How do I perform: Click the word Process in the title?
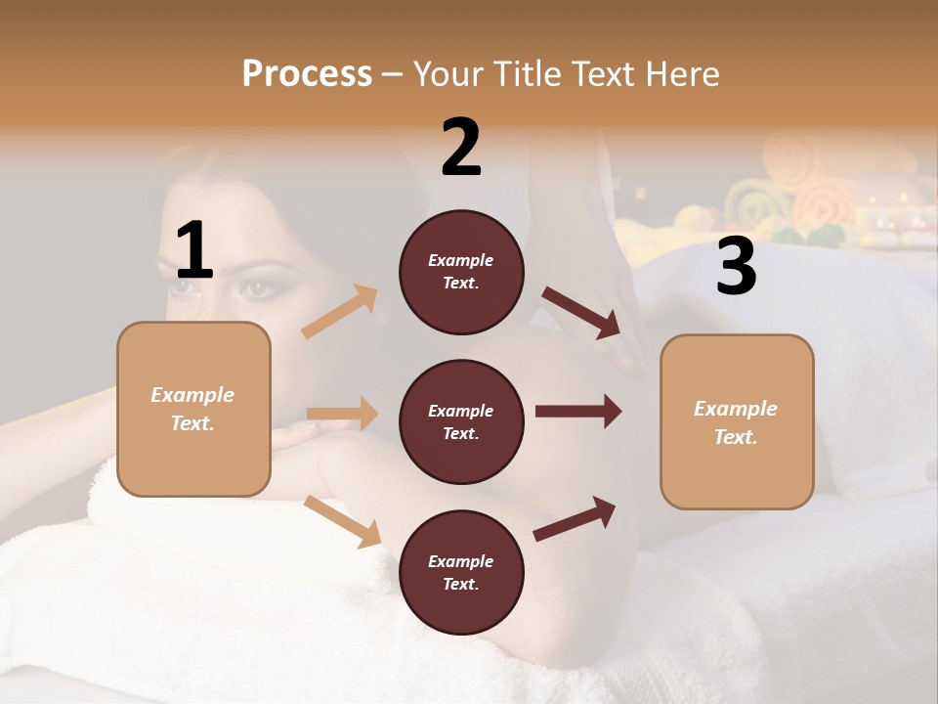pyautogui.click(x=307, y=74)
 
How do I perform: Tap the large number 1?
pyautogui.click(x=194, y=251)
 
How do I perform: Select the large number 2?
pyautogui.click(x=461, y=148)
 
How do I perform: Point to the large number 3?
pyautogui.click(x=736, y=267)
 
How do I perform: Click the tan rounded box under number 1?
pyautogui.click(x=193, y=409)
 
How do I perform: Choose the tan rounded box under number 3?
pyautogui.click(x=737, y=421)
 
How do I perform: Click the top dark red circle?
pyautogui.click(x=461, y=272)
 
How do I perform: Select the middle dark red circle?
pyautogui.click(x=461, y=421)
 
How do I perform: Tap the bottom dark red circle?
pyautogui.click(x=461, y=572)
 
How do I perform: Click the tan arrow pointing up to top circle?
pyautogui.click(x=340, y=312)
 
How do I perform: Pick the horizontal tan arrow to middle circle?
pyautogui.click(x=342, y=414)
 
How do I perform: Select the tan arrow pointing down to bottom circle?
pyautogui.click(x=343, y=520)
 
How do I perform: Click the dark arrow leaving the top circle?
pyautogui.click(x=580, y=312)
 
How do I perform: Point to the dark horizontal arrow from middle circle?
pyautogui.click(x=577, y=411)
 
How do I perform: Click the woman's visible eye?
pyautogui.click(x=255, y=286)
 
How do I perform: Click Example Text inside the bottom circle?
pyautogui.click(x=461, y=572)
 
